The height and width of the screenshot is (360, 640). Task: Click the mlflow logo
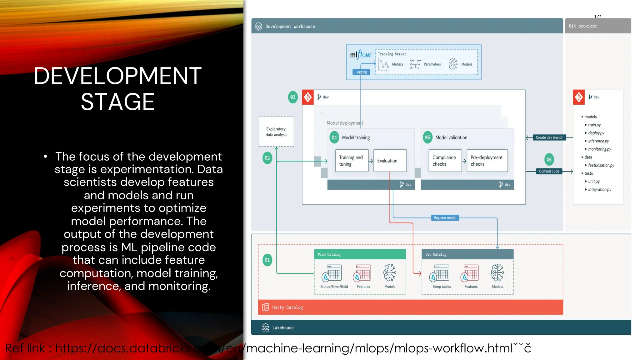click(360, 55)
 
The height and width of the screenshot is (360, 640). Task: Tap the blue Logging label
click(361, 72)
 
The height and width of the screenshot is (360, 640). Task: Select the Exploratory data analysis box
click(276, 132)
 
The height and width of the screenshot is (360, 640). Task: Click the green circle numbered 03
click(293, 97)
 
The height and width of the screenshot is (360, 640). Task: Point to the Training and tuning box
click(352, 161)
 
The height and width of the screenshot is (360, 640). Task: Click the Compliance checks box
click(445, 161)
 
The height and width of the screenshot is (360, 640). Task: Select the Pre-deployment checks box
click(487, 161)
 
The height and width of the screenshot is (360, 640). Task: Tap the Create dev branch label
click(549, 137)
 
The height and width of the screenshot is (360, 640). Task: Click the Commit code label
click(549, 171)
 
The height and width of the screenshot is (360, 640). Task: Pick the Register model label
click(445, 218)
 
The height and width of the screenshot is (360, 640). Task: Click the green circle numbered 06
click(549, 160)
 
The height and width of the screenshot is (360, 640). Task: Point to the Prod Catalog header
click(360, 254)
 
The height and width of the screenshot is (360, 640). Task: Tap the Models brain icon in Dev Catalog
click(497, 272)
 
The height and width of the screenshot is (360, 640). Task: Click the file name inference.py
click(598, 141)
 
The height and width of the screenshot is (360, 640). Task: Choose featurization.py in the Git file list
click(601, 165)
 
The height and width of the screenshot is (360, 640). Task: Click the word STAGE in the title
click(117, 102)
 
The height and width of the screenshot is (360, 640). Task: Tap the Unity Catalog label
click(287, 307)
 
